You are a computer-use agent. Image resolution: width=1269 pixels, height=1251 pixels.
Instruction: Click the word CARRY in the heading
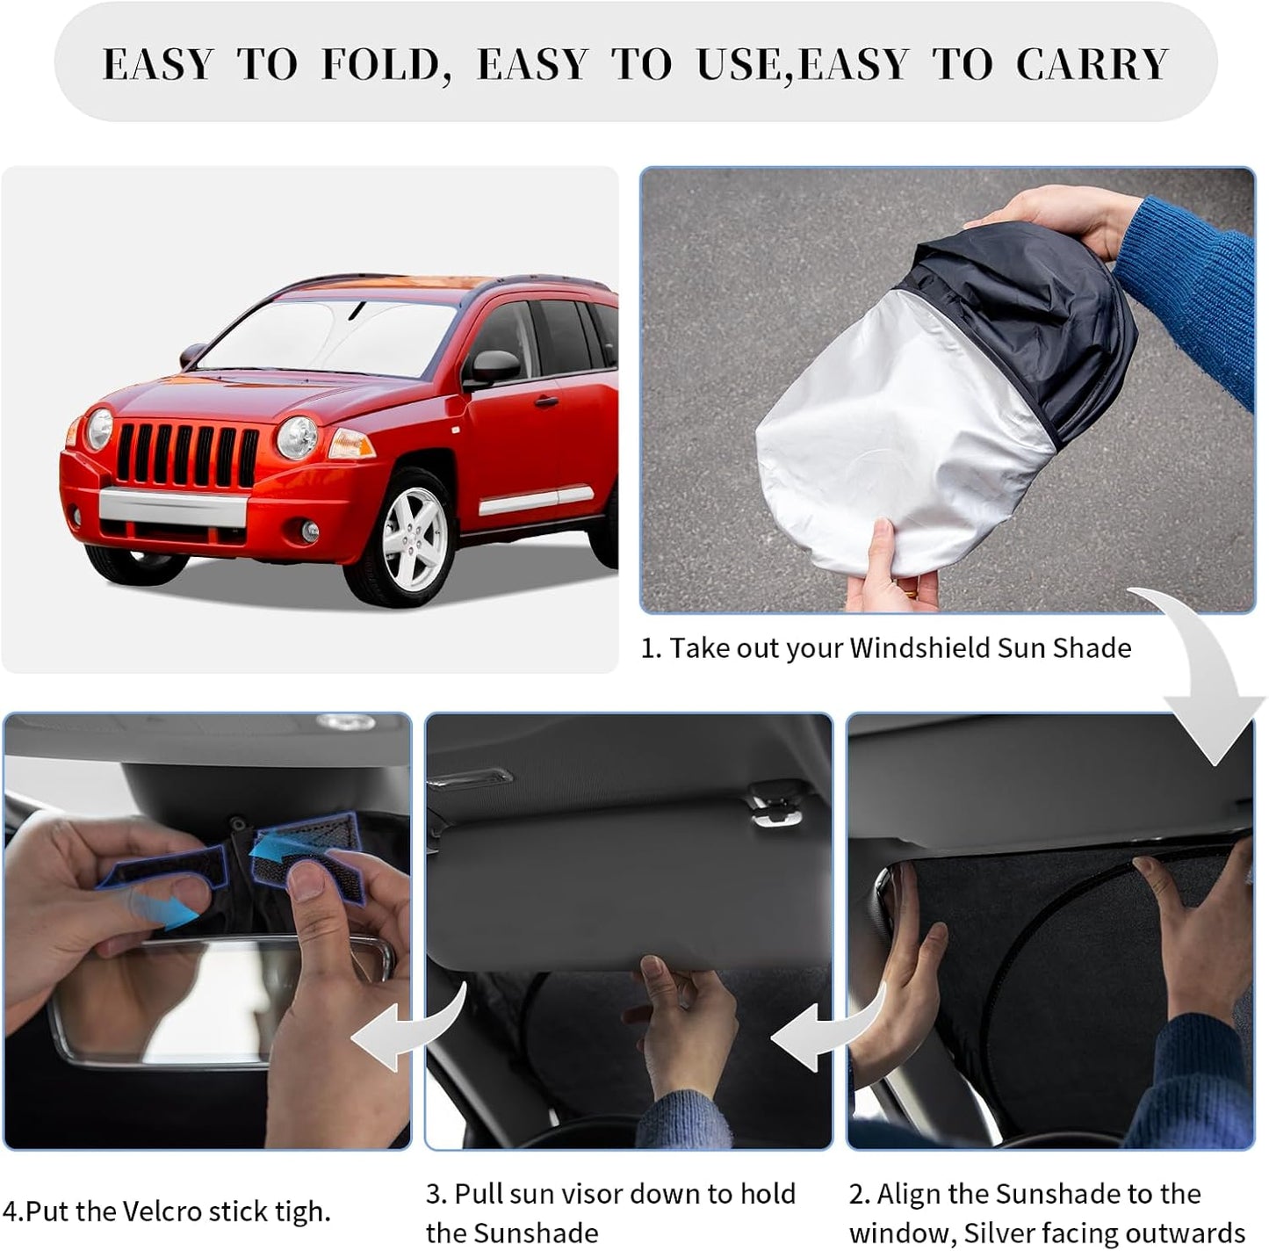[x=1092, y=65]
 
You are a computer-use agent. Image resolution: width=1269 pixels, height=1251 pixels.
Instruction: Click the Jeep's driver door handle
[x=545, y=402]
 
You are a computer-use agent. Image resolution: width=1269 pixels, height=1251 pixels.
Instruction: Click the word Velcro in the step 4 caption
[x=166, y=1211]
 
